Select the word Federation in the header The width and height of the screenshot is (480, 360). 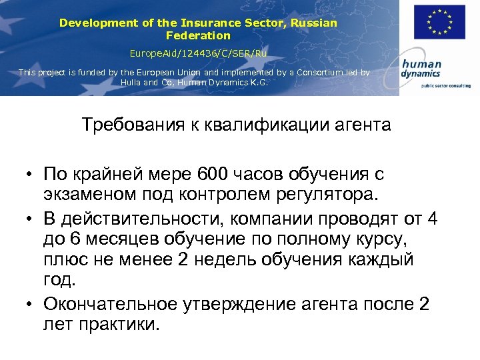[x=198, y=35]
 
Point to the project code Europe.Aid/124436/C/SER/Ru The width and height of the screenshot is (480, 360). [x=198, y=52]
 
